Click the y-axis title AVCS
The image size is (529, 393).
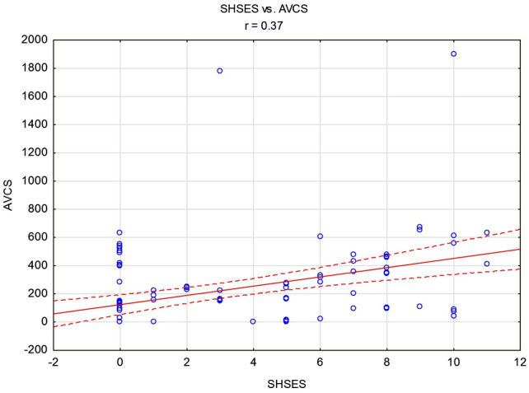click(x=11, y=194)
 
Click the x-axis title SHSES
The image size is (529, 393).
click(x=287, y=383)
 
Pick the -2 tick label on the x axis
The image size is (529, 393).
click(x=54, y=363)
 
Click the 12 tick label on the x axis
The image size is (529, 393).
click(x=520, y=363)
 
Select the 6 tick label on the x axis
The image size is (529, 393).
click(x=320, y=363)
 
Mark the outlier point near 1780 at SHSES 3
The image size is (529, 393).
click(x=220, y=71)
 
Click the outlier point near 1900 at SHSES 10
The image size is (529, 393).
click(x=453, y=54)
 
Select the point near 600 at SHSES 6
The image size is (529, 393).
click(x=320, y=236)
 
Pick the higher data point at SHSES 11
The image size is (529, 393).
click(x=486, y=232)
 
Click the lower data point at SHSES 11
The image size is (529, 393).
click(x=486, y=264)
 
